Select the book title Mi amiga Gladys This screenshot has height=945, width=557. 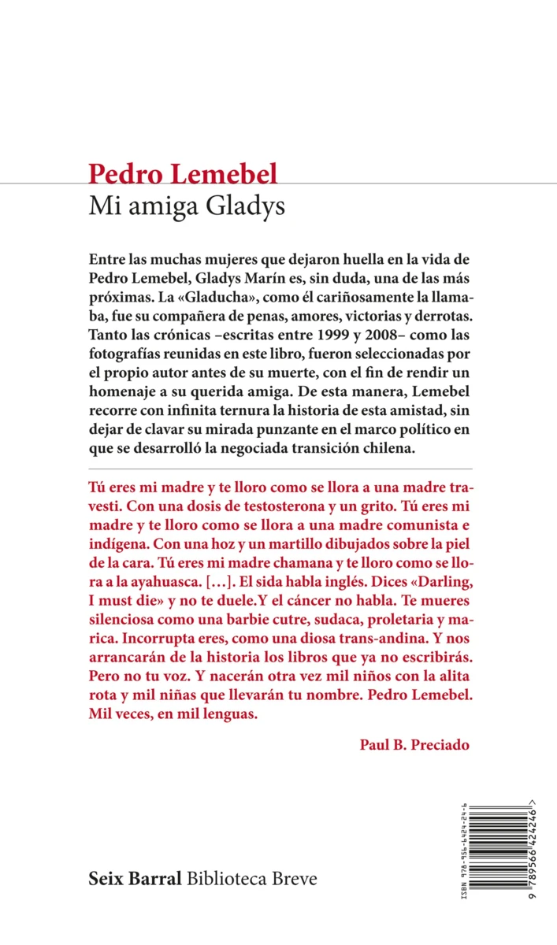point(187,207)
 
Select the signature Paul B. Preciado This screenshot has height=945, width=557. point(414,743)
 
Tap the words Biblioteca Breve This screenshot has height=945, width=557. point(252,878)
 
